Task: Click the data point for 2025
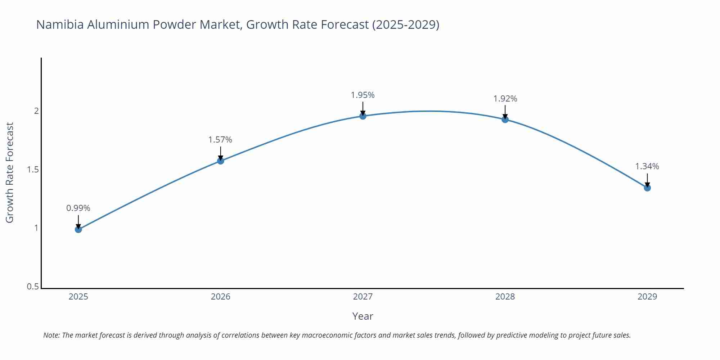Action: [78, 229]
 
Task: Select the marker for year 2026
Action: [221, 161]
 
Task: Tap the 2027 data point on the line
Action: [363, 116]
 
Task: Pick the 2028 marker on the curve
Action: [505, 119]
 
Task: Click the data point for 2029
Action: [647, 188]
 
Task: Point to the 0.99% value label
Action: [78, 208]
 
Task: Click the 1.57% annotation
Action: [220, 140]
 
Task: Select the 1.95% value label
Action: [363, 95]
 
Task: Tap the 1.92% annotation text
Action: [505, 99]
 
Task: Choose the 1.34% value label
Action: [647, 166]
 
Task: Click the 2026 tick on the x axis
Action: [221, 297]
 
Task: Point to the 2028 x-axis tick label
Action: [505, 297]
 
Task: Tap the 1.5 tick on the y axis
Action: [33, 170]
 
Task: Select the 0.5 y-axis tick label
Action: [33, 287]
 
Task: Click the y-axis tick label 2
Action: [36, 111]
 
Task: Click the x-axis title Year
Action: [363, 316]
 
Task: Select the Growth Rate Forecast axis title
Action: [10, 172]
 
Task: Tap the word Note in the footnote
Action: [51, 335]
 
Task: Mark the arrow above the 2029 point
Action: [647, 180]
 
